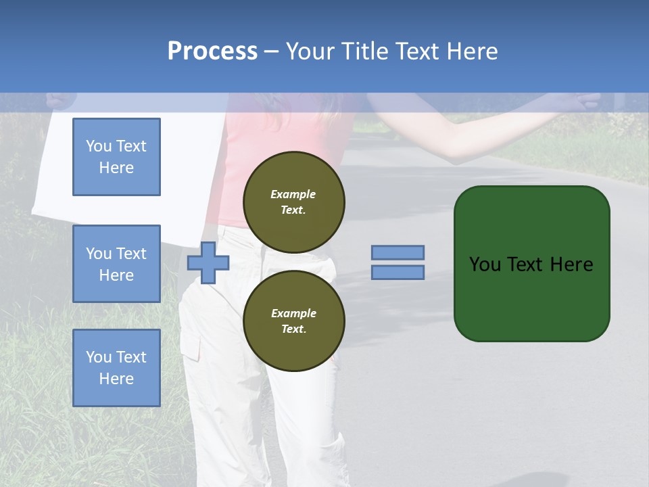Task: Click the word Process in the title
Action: point(212,51)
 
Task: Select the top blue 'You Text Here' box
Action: point(116,157)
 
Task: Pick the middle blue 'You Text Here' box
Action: point(116,264)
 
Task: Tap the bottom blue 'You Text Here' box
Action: point(116,368)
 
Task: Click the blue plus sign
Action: point(208,262)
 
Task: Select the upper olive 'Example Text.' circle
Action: point(294,202)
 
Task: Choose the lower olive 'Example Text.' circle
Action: point(294,321)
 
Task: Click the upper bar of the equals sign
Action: point(398,252)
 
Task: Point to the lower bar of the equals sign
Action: point(398,272)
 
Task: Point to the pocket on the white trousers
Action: point(191,345)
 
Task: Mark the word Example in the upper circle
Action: point(293,194)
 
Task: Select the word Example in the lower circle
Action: point(293,313)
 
